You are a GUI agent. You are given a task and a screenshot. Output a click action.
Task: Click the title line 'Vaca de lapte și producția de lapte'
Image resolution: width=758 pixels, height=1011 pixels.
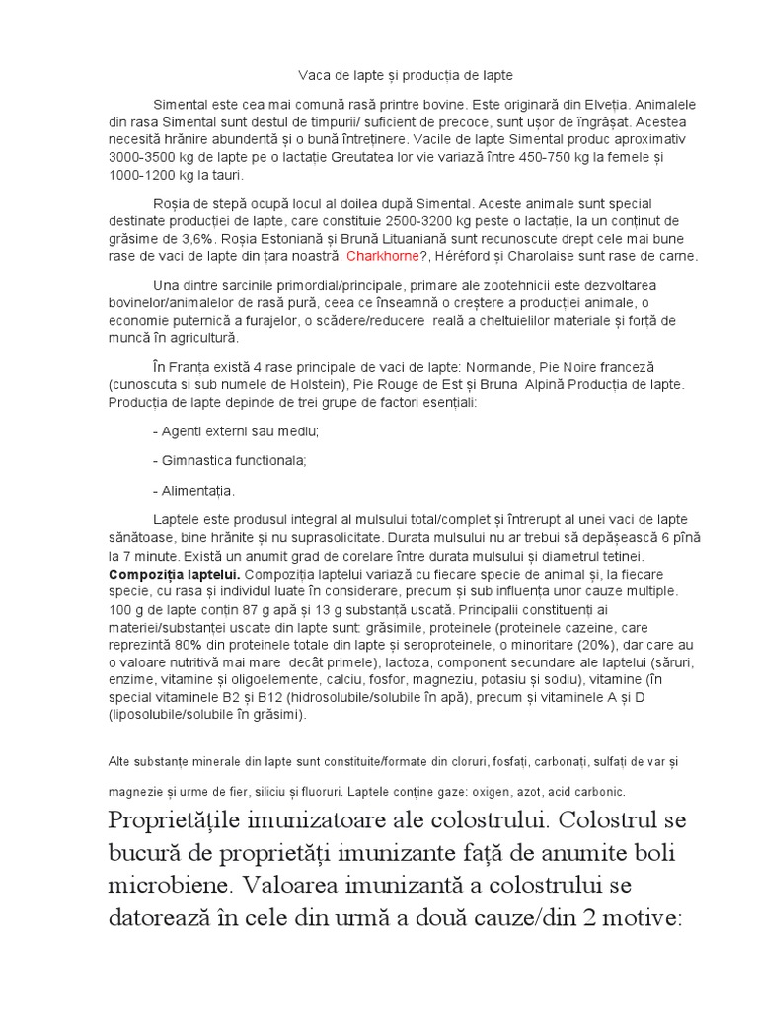[x=406, y=75]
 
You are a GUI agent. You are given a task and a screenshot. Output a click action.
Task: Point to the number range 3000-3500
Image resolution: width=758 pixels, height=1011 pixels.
[x=147, y=157]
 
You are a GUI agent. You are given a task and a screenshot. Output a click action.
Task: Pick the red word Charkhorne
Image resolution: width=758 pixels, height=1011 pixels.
[x=383, y=257]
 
